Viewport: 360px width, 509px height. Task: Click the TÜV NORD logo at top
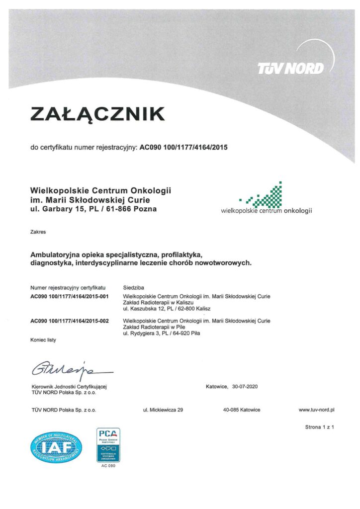(x=290, y=68)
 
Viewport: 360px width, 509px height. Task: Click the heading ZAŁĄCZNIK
(x=97, y=114)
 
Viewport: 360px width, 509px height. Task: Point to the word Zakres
(x=37, y=232)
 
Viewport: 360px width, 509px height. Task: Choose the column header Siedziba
(x=133, y=288)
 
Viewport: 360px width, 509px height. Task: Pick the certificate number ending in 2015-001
(x=70, y=296)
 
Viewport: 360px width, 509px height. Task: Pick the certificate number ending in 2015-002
(x=70, y=321)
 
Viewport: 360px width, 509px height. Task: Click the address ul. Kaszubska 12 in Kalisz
(x=167, y=309)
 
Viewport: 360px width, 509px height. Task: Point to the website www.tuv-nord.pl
(x=316, y=410)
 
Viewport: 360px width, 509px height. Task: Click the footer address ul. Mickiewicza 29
(x=163, y=410)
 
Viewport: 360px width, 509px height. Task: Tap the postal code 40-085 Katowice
(x=242, y=410)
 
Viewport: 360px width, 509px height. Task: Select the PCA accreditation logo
(x=108, y=445)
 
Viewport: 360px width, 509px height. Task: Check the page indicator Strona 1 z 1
(x=319, y=427)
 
